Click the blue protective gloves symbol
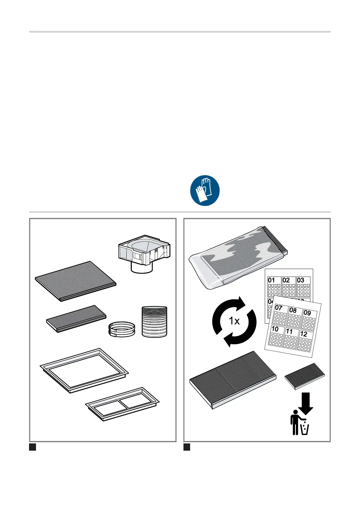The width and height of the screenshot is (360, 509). coord(205,190)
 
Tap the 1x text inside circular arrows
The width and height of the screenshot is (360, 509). coord(234,321)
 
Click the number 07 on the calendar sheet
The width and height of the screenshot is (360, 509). coord(279,308)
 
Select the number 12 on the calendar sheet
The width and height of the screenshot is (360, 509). coord(303,334)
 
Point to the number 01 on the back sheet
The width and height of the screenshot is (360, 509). coord(271,280)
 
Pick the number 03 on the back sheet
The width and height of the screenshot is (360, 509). coord(300,280)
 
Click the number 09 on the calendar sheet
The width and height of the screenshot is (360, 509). coord(307,313)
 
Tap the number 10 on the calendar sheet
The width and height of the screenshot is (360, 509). coord(275,329)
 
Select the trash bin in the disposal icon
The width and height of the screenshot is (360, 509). coord(305,429)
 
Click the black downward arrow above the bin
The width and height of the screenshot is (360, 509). coord(306,403)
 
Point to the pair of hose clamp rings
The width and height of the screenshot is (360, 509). coord(122,329)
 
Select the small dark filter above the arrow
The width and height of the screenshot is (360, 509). coord(305,376)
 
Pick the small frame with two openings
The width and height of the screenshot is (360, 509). coord(122,404)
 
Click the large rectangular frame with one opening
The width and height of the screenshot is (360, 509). coord(84,370)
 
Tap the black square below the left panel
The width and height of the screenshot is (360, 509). coord(33,447)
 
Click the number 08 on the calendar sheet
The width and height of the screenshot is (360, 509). coord(293,310)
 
